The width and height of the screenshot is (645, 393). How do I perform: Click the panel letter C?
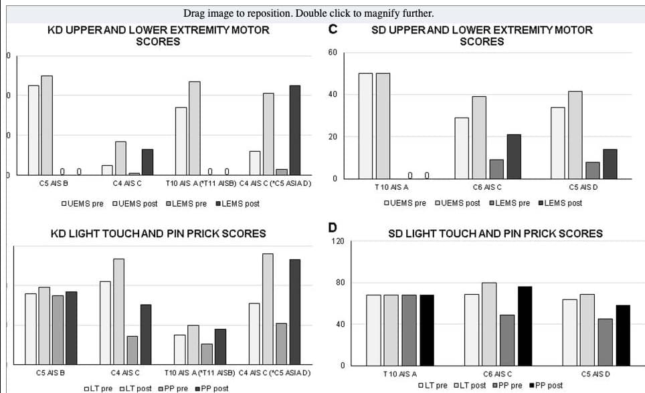tap(333, 30)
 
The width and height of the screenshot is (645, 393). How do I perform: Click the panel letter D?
tap(333, 228)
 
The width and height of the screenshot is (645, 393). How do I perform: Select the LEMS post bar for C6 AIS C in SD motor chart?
tap(514, 156)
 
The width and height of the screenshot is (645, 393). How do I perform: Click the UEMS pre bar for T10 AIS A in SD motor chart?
tap(365, 126)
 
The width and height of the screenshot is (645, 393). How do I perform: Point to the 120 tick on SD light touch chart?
tap(338, 241)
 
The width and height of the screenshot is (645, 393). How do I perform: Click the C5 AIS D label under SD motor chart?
tap(583, 187)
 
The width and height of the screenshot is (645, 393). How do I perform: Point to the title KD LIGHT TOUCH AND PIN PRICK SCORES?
tap(159, 234)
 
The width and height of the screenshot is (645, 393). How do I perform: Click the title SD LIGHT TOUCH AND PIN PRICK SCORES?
tap(495, 234)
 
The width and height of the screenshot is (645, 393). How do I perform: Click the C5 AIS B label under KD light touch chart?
tap(50, 372)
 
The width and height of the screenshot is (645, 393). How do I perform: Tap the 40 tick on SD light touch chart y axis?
tap(340, 324)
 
